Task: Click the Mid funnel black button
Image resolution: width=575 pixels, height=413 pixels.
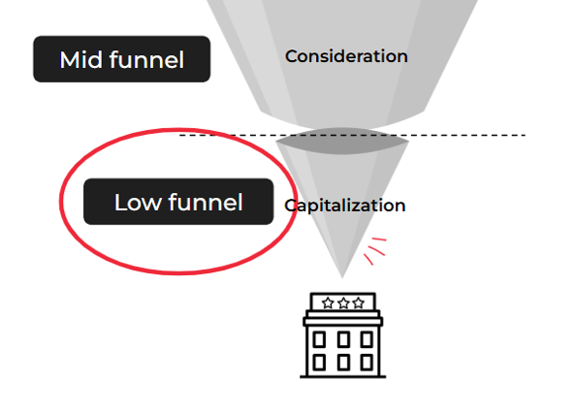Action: [122, 59]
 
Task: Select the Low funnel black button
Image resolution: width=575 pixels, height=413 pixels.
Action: [178, 202]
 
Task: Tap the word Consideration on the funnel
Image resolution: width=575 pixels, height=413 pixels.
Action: [346, 56]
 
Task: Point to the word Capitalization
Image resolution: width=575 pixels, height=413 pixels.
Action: [344, 206]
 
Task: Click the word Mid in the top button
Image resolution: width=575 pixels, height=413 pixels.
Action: [81, 59]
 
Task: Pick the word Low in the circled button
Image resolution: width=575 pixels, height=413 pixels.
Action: [138, 202]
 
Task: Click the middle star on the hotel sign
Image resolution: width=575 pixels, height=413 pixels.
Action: [343, 303]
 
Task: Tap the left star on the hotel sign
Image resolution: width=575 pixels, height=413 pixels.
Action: [328, 303]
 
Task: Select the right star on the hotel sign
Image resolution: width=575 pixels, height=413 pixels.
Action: [358, 303]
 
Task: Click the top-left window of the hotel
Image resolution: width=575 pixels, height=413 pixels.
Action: [319, 339]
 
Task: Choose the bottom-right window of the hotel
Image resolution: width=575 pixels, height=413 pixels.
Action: [367, 363]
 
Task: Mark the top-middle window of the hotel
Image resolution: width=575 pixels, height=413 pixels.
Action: [343, 339]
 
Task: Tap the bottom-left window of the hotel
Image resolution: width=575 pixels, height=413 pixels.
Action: [319, 363]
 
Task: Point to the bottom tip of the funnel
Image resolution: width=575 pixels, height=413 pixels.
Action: [342, 277]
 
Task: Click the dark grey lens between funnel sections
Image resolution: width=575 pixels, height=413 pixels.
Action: [342, 141]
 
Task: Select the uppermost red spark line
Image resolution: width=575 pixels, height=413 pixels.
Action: [379, 239]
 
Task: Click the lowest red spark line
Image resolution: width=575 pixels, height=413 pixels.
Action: [368, 259]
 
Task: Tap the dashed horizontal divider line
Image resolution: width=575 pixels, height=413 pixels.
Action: [352, 136]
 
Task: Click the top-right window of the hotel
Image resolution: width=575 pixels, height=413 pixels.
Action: [367, 339]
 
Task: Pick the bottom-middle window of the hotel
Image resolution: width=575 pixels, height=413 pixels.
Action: [343, 363]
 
